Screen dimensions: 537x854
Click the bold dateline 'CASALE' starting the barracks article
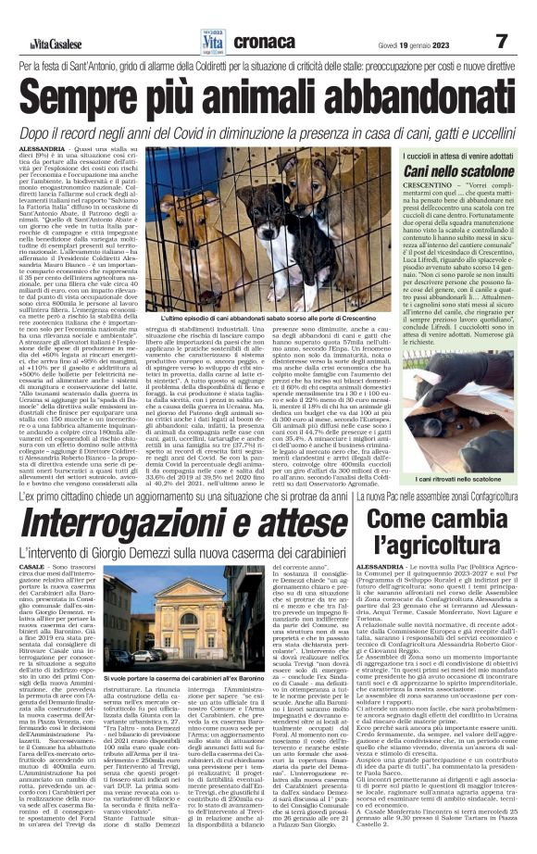coord(31,565)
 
